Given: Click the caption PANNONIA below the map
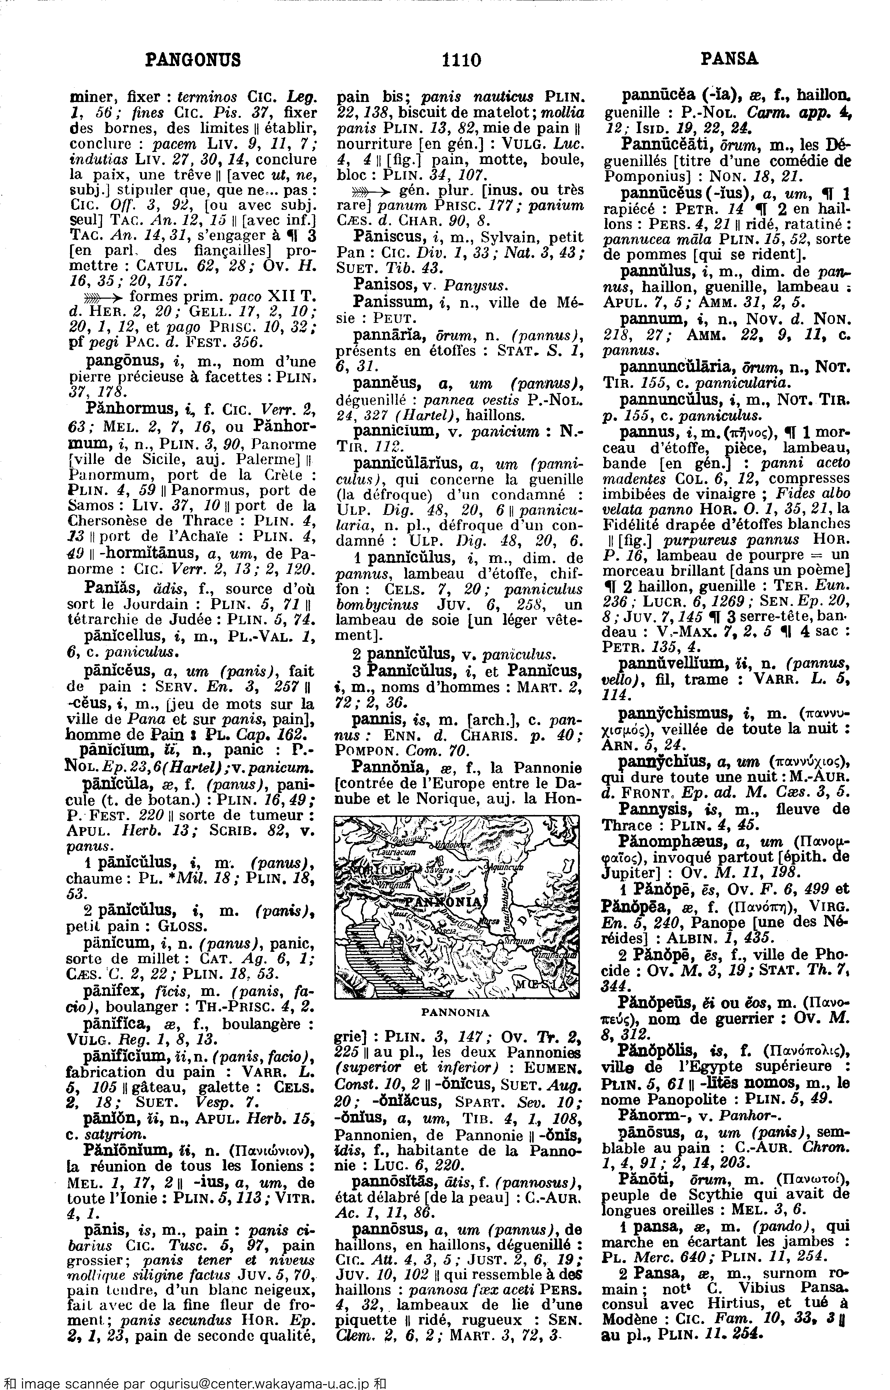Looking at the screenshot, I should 455,1013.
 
